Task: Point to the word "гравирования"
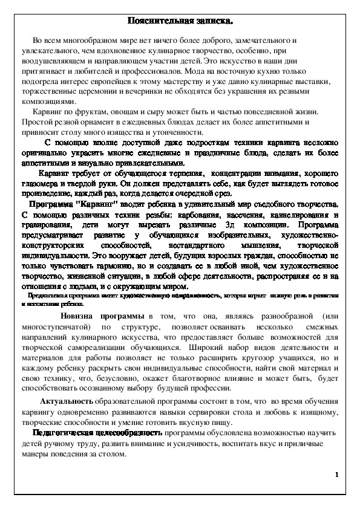click(51, 225)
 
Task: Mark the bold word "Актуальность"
click(66, 402)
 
